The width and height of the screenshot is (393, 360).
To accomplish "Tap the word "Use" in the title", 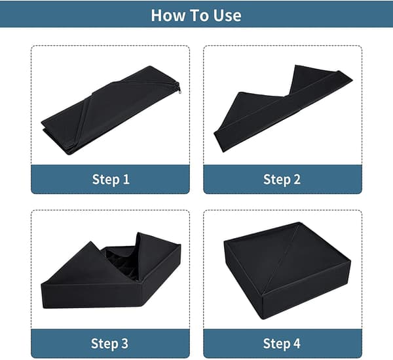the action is pyautogui.click(x=227, y=15).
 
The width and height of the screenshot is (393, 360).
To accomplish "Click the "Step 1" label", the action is pyautogui.click(x=111, y=180).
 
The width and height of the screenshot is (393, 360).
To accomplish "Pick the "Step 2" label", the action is pyautogui.click(x=282, y=180).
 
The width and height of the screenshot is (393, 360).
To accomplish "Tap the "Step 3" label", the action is pyautogui.click(x=109, y=343).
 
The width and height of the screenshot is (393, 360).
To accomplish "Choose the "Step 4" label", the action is pyautogui.click(x=282, y=343).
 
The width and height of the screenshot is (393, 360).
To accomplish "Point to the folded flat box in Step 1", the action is pyautogui.click(x=111, y=110).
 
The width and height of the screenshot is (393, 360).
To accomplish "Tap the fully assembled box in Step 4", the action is pyautogui.click(x=287, y=271).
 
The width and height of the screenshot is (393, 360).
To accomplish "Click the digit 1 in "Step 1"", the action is pyautogui.click(x=126, y=179).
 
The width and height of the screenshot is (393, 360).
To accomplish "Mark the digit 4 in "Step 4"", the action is pyautogui.click(x=297, y=343).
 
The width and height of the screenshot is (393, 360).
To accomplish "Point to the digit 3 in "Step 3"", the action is pyautogui.click(x=125, y=343).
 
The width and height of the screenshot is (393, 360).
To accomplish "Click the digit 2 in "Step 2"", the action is pyautogui.click(x=297, y=179).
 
